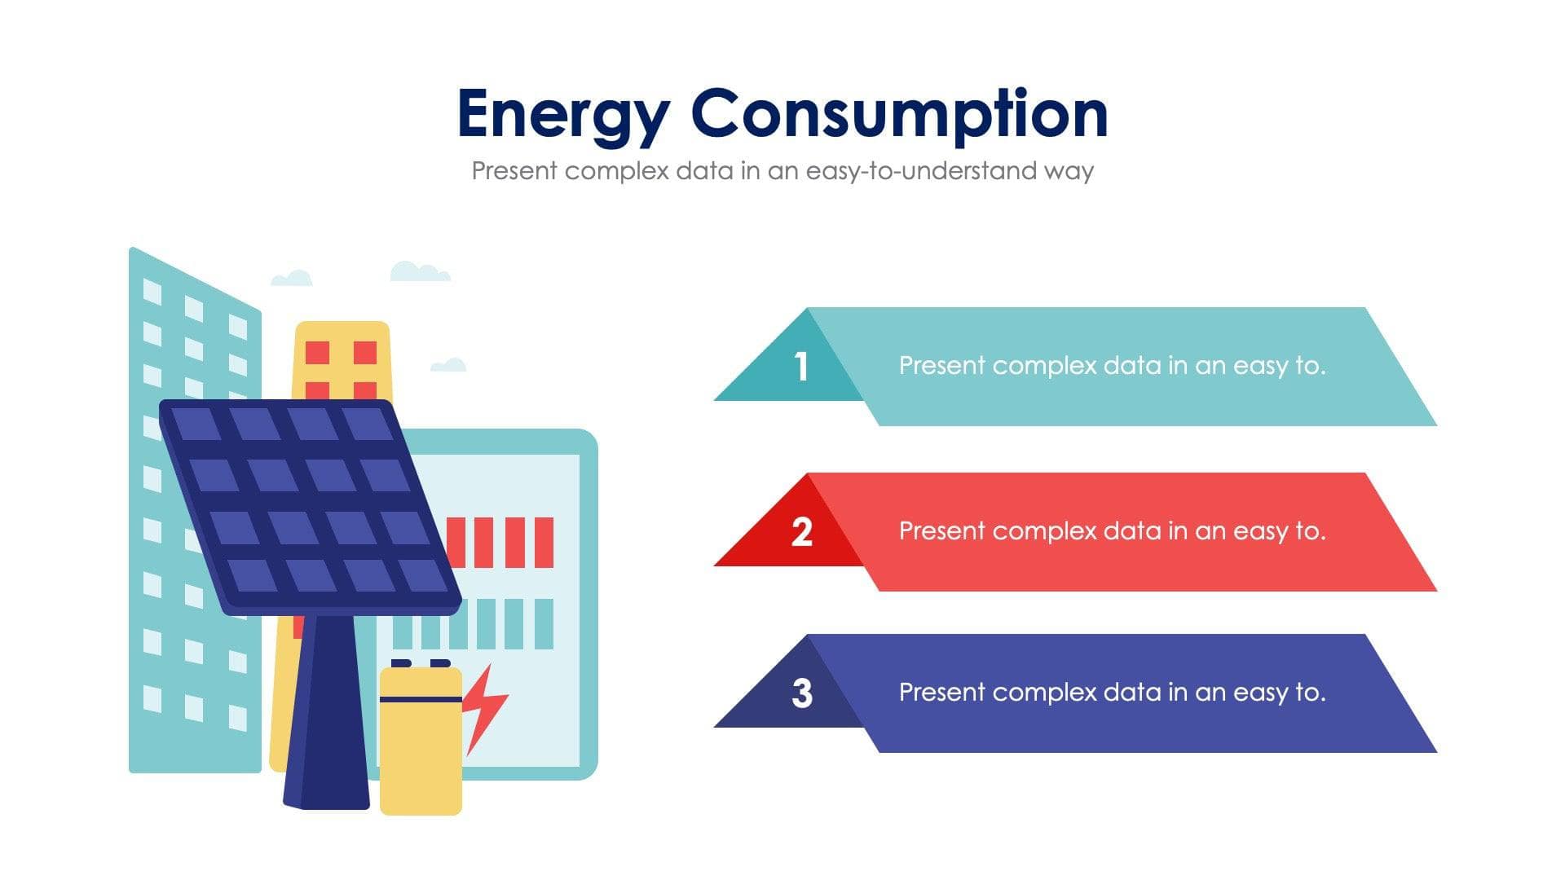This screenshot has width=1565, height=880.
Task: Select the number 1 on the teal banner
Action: [x=801, y=367]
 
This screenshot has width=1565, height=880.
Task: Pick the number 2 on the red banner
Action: [x=802, y=532]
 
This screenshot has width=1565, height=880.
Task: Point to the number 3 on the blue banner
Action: [x=802, y=693]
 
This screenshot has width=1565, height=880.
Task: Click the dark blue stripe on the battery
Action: [x=421, y=699]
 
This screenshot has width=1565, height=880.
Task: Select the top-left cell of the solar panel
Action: [x=196, y=424]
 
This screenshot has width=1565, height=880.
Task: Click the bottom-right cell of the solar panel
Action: [x=423, y=575]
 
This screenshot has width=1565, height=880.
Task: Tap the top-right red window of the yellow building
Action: [x=364, y=353]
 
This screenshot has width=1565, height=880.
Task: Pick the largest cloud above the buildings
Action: [x=419, y=272]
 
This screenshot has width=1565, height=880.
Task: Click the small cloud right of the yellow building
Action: [x=447, y=364]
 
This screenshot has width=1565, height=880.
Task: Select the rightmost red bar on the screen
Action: [x=544, y=542]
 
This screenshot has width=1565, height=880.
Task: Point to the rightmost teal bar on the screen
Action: [x=544, y=624]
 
